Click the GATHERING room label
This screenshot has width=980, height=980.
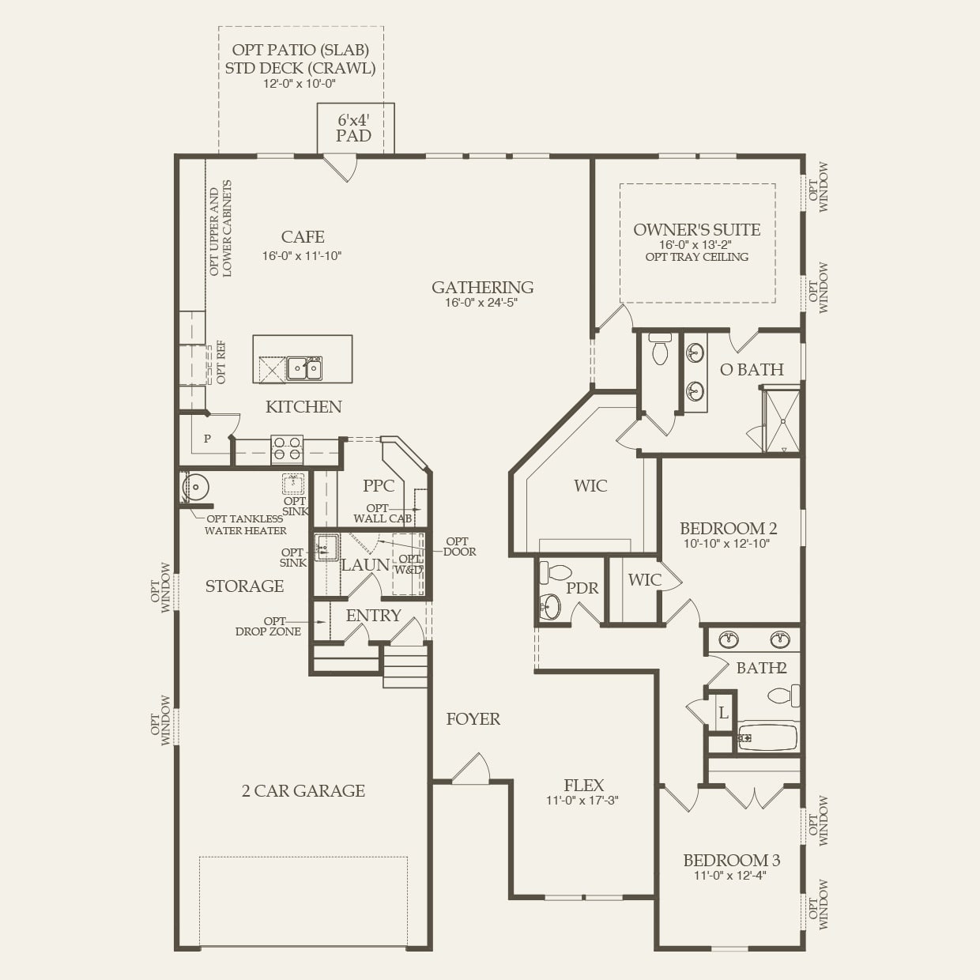click(482, 288)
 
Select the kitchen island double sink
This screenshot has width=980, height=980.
click(304, 368)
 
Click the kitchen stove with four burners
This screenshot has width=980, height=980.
click(287, 450)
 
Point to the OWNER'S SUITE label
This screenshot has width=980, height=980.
click(696, 230)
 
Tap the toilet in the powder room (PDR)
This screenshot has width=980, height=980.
click(559, 571)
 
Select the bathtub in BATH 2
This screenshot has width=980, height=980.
click(767, 738)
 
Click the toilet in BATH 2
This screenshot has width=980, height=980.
click(784, 695)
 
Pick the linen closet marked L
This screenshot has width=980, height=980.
click(722, 713)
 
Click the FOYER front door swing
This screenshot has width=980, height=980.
click(473, 768)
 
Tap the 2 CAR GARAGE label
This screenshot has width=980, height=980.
click(303, 791)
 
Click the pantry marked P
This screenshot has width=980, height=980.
click(207, 439)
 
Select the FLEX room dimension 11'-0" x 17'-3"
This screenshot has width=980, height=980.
click(582, 801)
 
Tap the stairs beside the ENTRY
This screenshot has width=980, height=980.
click(406, 665)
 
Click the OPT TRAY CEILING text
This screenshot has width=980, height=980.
click(696, 257)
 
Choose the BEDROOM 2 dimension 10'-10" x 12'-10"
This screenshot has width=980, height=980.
click(726, 544)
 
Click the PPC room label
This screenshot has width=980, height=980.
click(379, 486)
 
